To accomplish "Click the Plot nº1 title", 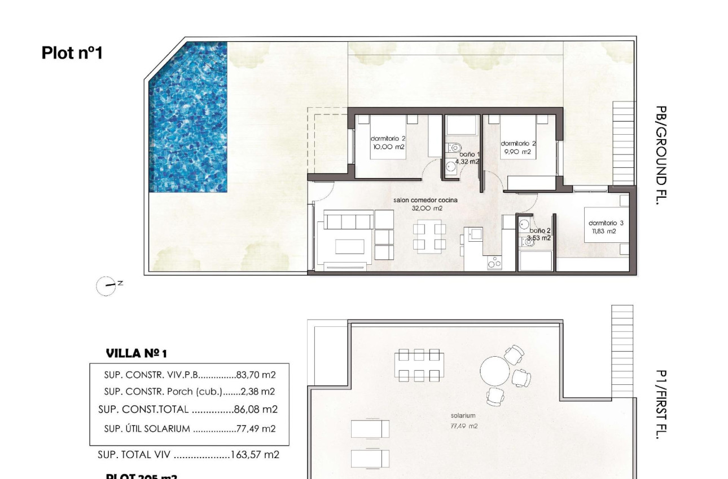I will [72, 53].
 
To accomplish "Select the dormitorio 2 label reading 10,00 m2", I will [388, 143].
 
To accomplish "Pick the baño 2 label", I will [539, 234].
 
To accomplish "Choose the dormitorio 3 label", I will [606, 227].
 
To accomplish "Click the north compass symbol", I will [106, 286].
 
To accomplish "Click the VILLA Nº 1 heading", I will [136, 354].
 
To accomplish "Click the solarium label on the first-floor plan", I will [463, 416].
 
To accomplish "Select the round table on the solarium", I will [494, 370].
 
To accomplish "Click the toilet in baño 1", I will [454, 148].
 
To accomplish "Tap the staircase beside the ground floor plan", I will [623, 144].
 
